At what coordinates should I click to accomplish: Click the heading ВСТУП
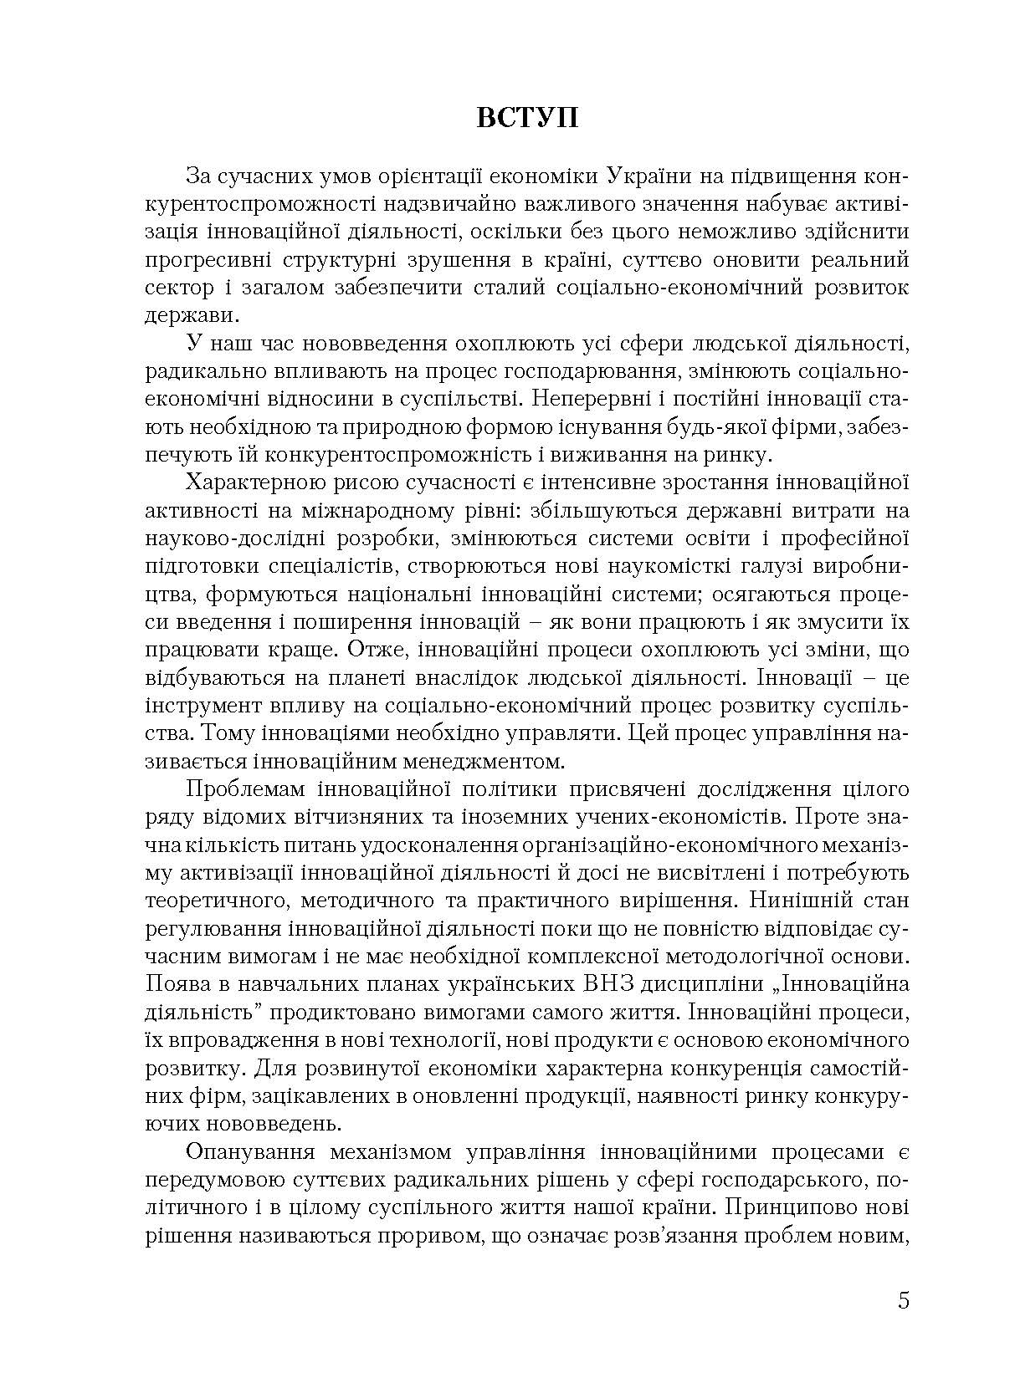526,117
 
